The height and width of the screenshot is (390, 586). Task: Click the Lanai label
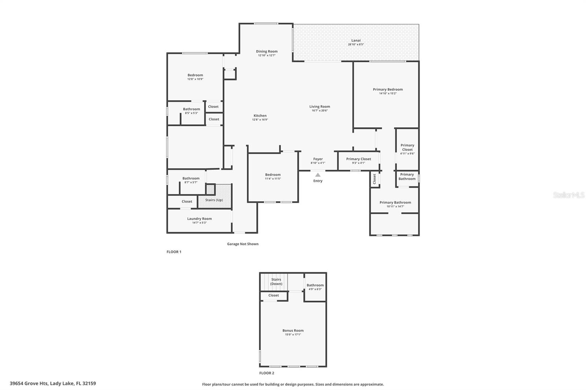coord(356,40)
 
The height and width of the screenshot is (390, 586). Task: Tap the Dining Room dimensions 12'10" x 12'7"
coord(267,56)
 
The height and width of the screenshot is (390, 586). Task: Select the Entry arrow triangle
coord(318,175)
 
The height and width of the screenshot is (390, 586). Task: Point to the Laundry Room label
coord(200,219)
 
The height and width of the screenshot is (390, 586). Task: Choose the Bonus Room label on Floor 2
coord(293,330)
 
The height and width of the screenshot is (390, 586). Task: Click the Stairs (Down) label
coord(276,281)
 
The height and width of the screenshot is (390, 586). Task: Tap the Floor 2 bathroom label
coord(315,285)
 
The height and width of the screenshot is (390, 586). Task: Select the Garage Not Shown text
coord(242,244)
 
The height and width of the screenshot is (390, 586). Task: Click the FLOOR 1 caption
coord(174,252)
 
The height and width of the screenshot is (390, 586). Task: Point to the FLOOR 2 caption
coord(267,373)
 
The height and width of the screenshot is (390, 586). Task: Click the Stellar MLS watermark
coord(568,195)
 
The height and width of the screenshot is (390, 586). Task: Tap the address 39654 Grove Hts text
coord(53,383)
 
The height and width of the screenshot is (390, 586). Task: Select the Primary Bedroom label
coord(388,89)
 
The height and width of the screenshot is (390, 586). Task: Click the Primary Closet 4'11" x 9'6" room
coord(407,149)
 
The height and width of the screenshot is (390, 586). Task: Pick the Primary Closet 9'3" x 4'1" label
coord(359,159)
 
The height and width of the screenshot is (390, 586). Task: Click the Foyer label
coord(318,159)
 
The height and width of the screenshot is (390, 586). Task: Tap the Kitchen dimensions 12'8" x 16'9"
coord(260,120)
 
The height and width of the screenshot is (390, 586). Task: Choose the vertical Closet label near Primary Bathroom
coord(374,179)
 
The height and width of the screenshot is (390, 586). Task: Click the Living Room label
coord(320,106)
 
